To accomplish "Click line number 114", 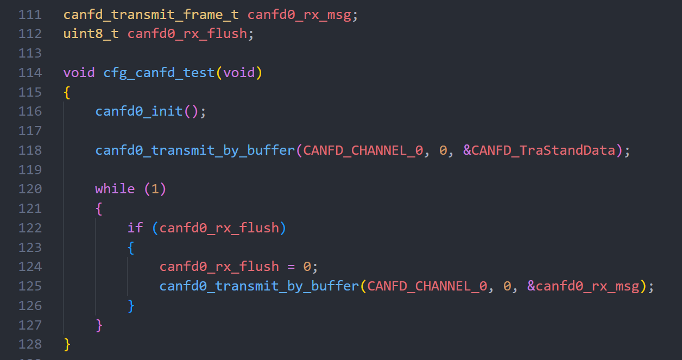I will (x=30, y=73).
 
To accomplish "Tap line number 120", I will (x=30, y=189).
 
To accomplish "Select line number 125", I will (x=30, y=286).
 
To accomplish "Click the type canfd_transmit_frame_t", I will (x=151, y=15).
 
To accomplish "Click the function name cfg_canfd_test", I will (x=159, y=73).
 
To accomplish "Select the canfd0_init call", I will (x=139, y=111).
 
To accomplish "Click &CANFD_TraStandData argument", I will (x=540, y=150).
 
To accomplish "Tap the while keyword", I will (x=115, y=189).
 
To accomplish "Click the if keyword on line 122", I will (x=135, y=228).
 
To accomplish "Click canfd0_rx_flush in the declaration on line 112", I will (x=187, y=34).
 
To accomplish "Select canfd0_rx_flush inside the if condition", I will (x=219, y=228).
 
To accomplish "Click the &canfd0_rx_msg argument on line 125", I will (x=583, y=286).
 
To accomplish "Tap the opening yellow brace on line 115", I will (x=67, y=92).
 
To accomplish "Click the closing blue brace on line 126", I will (x=131, y=305).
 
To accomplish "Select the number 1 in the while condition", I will (x=155, y=189).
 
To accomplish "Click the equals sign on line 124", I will (x=291, y=267).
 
